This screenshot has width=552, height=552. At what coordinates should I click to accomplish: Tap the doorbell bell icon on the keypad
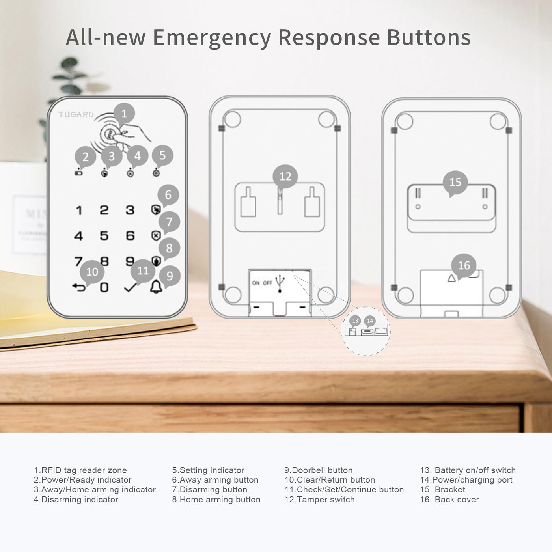[x=156, y=287]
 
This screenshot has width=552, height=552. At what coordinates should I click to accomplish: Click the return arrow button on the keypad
[x=79, y=287]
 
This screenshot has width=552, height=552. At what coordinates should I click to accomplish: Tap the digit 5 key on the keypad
[x=104, y=236]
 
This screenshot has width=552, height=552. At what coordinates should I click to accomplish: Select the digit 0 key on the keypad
[x=104, y=287]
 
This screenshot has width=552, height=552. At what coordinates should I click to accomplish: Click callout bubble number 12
[x=285, y=177]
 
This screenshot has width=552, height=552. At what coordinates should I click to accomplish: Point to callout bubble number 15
[x=455, y=183]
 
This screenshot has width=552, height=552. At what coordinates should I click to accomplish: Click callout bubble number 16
[x=464, y=265]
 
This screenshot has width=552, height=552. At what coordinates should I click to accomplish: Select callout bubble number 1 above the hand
[x=124, y=114]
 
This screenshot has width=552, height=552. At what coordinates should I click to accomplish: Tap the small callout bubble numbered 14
[x=370, y=321]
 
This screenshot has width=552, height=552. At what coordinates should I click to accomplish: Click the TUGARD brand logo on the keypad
[x=76, y=115]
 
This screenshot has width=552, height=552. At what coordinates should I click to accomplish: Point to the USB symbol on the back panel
[x=280, y=283]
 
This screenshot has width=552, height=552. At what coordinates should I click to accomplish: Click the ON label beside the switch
[x=256, y=283]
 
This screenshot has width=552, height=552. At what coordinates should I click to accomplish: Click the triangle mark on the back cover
[x=452, y=278]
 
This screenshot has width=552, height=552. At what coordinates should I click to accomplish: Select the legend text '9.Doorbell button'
[x=318, y=470]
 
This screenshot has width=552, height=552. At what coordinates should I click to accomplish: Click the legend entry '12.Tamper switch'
[x=319, y=499]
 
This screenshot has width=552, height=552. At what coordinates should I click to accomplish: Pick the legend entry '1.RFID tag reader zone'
[x=80, y=470]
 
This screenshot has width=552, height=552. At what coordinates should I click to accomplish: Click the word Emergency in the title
[x=212, y=38]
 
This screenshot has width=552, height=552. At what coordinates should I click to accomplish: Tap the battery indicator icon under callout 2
[x=78, y=173]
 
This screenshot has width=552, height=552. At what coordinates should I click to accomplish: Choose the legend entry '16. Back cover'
[x=449, y=499]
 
